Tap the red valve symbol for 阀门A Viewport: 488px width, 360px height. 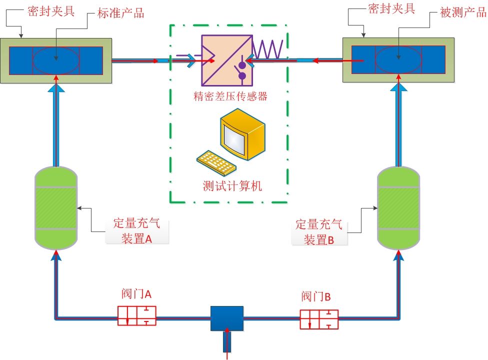136,315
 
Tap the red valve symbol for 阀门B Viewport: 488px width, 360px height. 319,319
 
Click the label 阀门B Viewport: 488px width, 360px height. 316,296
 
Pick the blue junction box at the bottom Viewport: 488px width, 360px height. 226,318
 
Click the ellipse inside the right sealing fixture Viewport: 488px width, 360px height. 398,59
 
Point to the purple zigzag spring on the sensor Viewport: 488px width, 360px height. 267,49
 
